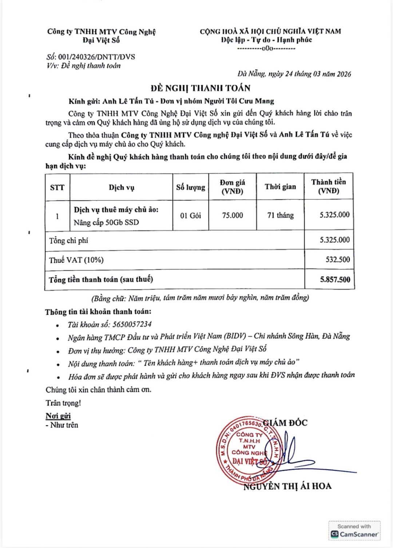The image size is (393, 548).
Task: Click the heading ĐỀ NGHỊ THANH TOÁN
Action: click(x=201, y=88)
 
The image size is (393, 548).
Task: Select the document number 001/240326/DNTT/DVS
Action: click(x=96, y=57)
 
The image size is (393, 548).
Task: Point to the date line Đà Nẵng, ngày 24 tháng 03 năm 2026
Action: click(x=294, y=74)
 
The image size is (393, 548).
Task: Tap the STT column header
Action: click(x=57, y=187)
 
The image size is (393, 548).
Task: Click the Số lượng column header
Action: click(x=190, y=187)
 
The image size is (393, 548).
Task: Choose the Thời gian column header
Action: click(x=280, y=187)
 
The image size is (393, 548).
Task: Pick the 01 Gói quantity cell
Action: click(x=190, y=215)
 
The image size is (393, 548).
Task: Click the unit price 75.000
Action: click(x=233, y=215)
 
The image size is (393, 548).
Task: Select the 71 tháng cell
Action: click(x=280, y=215)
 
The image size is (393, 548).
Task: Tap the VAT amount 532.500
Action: click(x=338, y=260)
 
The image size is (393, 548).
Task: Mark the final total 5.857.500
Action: click(x=335, y=279)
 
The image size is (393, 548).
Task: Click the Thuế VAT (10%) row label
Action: click(x=76, y=260)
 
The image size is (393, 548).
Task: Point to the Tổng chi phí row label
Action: click(x=68, y=241)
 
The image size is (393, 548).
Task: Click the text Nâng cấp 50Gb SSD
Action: click(x=106, y=222)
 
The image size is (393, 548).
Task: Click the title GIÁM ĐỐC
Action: click(x=285, y=423)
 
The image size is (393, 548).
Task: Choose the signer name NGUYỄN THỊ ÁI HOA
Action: click(x=287, y=486)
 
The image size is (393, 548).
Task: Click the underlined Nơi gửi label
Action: click(x=58, y=416)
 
